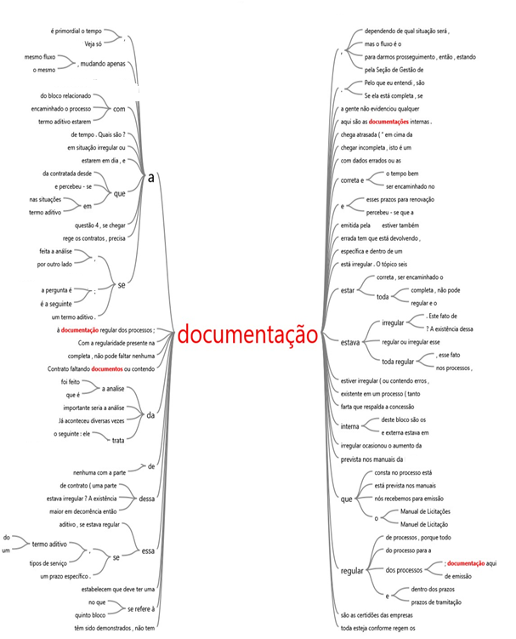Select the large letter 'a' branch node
[x=151, y=177]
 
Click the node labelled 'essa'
[x=149, y=551]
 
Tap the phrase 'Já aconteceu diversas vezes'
[x=90, y=421]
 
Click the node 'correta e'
[x=352, y=180]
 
